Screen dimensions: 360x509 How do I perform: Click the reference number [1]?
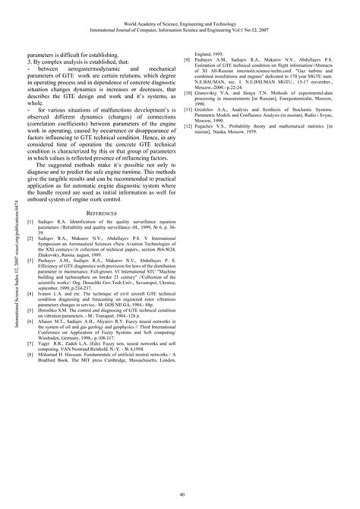pyautogui.click(x=30, y=227)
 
